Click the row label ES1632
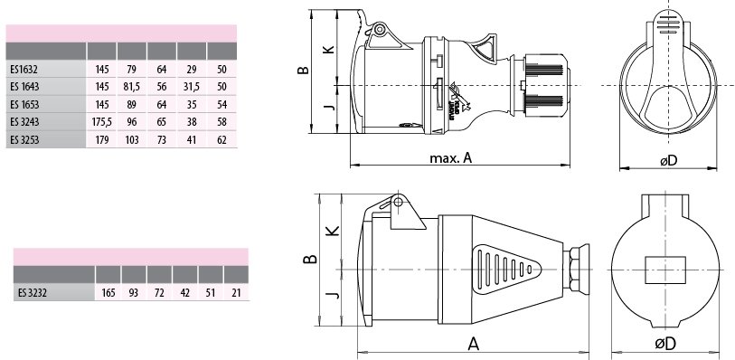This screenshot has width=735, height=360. [x=24, y=70]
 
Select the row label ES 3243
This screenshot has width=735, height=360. [x=24, y=122]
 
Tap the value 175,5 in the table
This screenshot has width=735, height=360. [x=102, y=122]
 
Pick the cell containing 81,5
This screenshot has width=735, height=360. [x=132, y=87]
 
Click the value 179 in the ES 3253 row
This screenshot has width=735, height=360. [x=102, y=139]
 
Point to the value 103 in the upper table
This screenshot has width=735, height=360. [x=132, y=139]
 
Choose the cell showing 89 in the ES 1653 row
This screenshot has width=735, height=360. [x=132, y=105]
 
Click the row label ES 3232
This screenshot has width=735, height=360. [x=33, y=293]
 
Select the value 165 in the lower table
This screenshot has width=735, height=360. [x=108, y=293]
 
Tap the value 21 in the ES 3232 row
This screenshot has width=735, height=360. [x=236, y=293]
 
